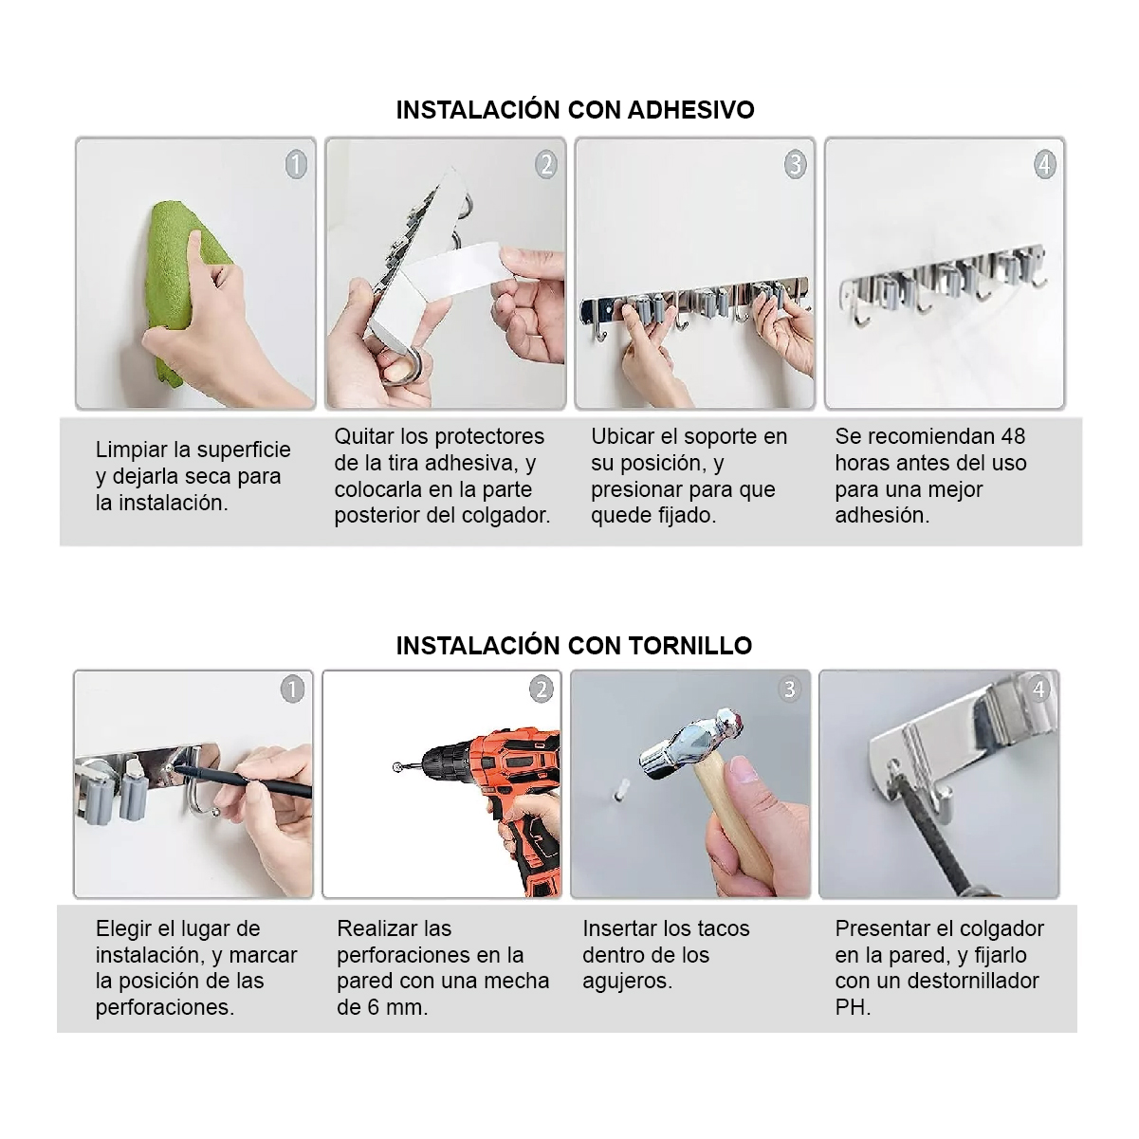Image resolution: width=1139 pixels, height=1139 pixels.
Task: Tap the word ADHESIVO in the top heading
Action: [690, 110]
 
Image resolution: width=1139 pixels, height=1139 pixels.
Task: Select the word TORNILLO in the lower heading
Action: [689, 646]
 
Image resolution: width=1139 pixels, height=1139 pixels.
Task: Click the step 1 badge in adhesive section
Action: [296, 164]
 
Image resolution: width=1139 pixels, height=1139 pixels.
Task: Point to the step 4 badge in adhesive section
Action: [1044, 164]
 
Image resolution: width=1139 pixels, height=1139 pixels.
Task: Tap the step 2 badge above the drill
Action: [541, 689]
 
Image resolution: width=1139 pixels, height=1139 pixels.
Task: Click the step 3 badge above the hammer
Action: [790, 689]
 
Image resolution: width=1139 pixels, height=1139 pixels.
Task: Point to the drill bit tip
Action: [396, 767]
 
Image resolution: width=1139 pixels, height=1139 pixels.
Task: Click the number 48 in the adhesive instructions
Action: [1013, 436]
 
